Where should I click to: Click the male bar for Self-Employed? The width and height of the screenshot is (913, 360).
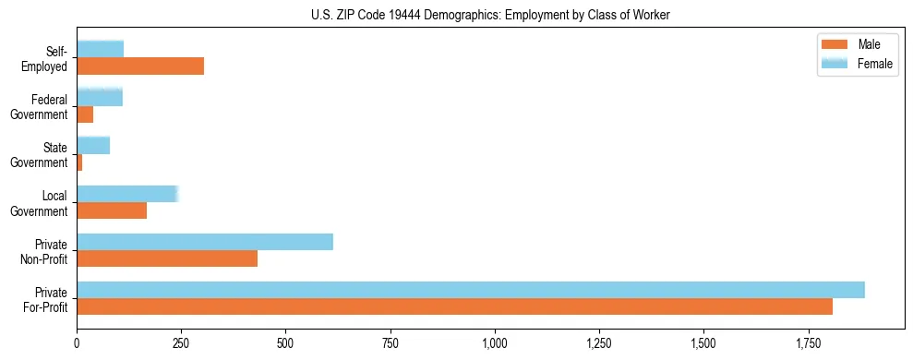pyautogui.click(x=140, y=66)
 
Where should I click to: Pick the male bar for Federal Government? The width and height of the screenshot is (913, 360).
pyautogui.click(x=85, y=114)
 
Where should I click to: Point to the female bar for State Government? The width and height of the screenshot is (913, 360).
pyautogui.click(x=93, y=146)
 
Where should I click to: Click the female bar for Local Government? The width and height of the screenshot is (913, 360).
pyautogui.click(x=126, y=194)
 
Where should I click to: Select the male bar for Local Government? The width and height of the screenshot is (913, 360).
pyautogui.click(x=112, y=210)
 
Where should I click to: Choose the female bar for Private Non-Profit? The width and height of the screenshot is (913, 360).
pyautogui.click(x=205, y=242)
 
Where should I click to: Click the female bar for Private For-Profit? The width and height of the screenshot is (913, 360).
pyautogui.click(x=471, y=290)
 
